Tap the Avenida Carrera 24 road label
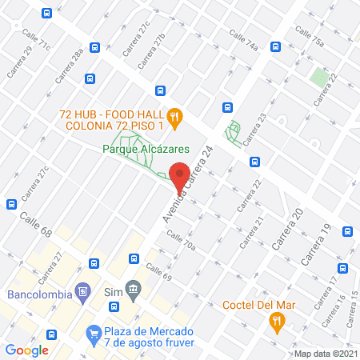pyautogui.click(x=189, y=186)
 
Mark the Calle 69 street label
pyautogui.click(x=158, y=271)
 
